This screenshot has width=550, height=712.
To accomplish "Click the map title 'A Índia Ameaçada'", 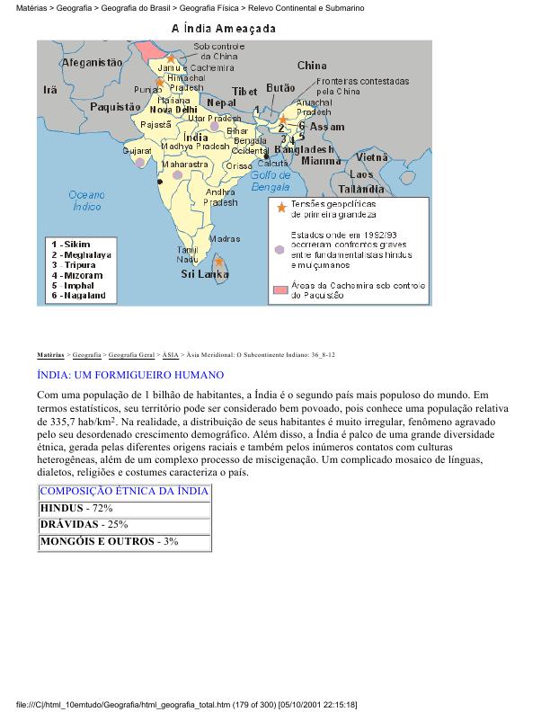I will [224, 28].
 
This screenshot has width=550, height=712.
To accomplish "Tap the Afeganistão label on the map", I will [91, 63].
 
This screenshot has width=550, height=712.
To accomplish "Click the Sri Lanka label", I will [205, 273].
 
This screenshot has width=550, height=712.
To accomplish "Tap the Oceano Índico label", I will [86, 200].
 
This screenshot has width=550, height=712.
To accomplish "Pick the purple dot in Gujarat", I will [139, 162].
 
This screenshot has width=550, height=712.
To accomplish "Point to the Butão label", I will [281, 88].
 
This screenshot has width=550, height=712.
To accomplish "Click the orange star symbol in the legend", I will [281, 209].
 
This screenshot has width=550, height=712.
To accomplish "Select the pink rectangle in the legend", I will [281, 289].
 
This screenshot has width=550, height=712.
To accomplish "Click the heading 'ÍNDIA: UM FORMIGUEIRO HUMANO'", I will [130, 374].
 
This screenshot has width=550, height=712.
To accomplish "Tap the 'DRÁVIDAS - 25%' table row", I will [124, 524].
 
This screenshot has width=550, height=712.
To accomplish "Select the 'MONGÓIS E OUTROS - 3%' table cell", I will [124, 541].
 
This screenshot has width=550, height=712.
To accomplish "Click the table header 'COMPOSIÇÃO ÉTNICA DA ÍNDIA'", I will [124, 491].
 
